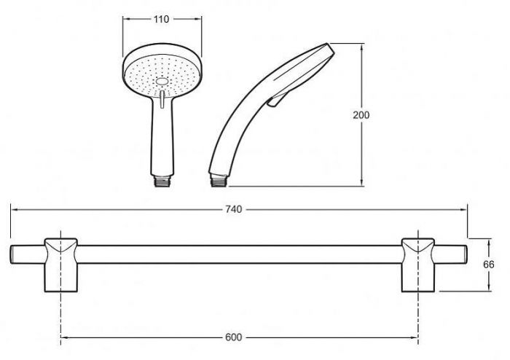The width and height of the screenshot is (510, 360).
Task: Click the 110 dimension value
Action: [x=162, y=19]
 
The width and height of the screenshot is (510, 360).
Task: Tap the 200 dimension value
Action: [x=361, y=115]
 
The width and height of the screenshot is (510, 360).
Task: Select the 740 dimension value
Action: [x=234, y=209]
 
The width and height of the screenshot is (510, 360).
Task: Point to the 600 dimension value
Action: [x=234, y=337]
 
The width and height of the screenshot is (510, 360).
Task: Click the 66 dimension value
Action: [x=489, y=265]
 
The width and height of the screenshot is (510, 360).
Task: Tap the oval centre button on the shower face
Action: [x=162, y=82]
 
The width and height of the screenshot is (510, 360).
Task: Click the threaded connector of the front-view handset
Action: [x=162, y=181]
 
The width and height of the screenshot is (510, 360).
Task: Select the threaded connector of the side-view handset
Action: [x=219, y=180]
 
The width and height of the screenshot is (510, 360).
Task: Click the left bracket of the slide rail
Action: [x=60, y=265]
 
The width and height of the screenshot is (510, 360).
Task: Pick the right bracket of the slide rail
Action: [x=418, y=265]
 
